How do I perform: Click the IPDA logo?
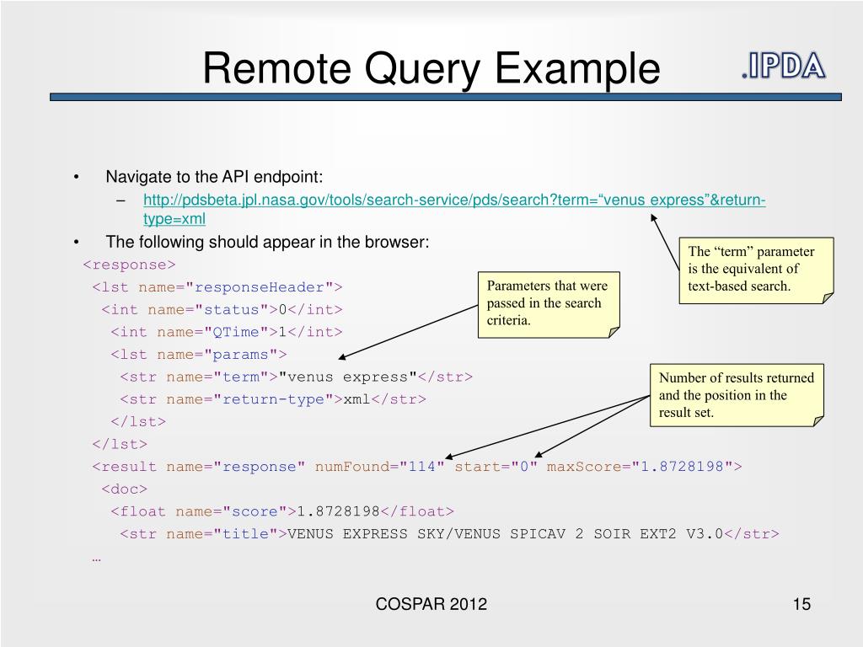(x=783, y=66)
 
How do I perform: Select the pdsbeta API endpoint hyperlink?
(x=454, y=209)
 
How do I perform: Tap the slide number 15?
(x=801, y=604)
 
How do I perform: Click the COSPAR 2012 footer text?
(x=431, y=604)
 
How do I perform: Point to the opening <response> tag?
(x=129, y=265)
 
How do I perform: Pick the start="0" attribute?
(x=496, y=467)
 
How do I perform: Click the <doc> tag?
(x=125, y=489)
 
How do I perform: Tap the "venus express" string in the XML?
(x=347, y=377)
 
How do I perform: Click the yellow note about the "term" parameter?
(x=756, y=270)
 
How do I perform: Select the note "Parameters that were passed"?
(x=549, y=304)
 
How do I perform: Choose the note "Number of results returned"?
(x=737, y=395)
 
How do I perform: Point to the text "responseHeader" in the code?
(x=260, y=287)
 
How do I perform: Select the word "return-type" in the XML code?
(x=273, y=399)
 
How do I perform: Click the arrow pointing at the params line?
(x=408, y=332)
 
